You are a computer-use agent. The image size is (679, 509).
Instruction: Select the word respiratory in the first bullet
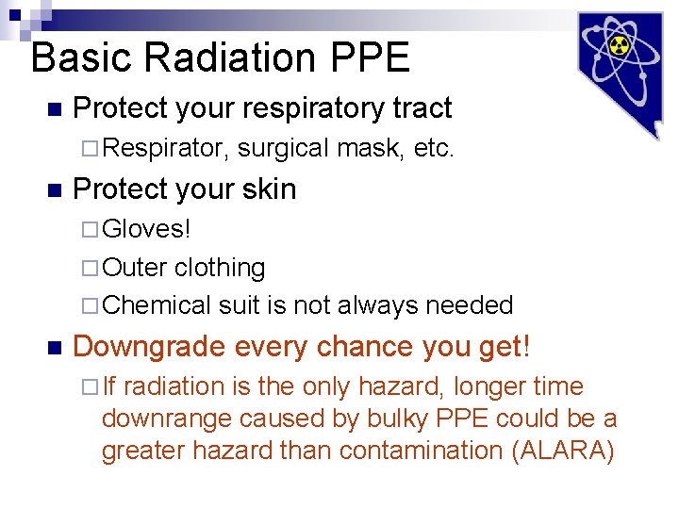pos(312,109)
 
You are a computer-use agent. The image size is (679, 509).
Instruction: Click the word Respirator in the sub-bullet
pos(163,148)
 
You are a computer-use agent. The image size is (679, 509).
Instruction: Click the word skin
pos(269,189)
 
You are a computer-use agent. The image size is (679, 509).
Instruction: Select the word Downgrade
pos(148,348)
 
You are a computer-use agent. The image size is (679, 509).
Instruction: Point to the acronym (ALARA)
pos(563,451)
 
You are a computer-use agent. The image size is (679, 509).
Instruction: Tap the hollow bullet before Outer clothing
pos(90,269)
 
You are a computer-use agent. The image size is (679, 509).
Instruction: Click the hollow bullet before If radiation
pos(90,387)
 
